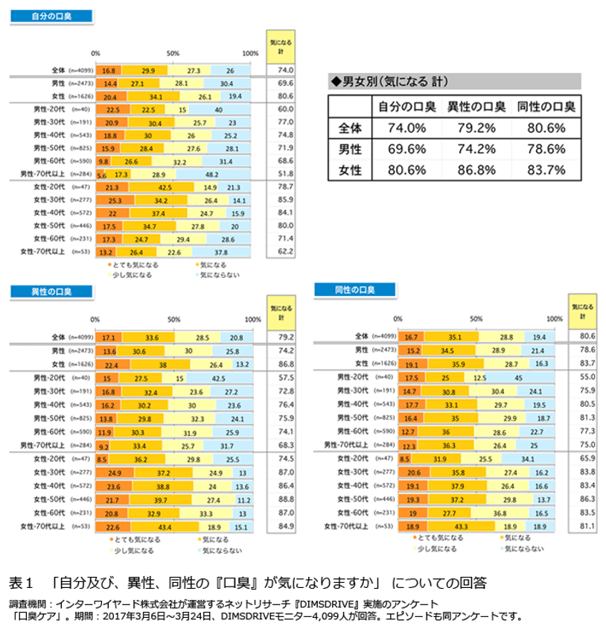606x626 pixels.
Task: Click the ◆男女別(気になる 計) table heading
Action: [x=390, y=81]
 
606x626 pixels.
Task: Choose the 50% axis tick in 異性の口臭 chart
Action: [x=173, y=319]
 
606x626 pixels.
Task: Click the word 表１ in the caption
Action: [x=22, y=581]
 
